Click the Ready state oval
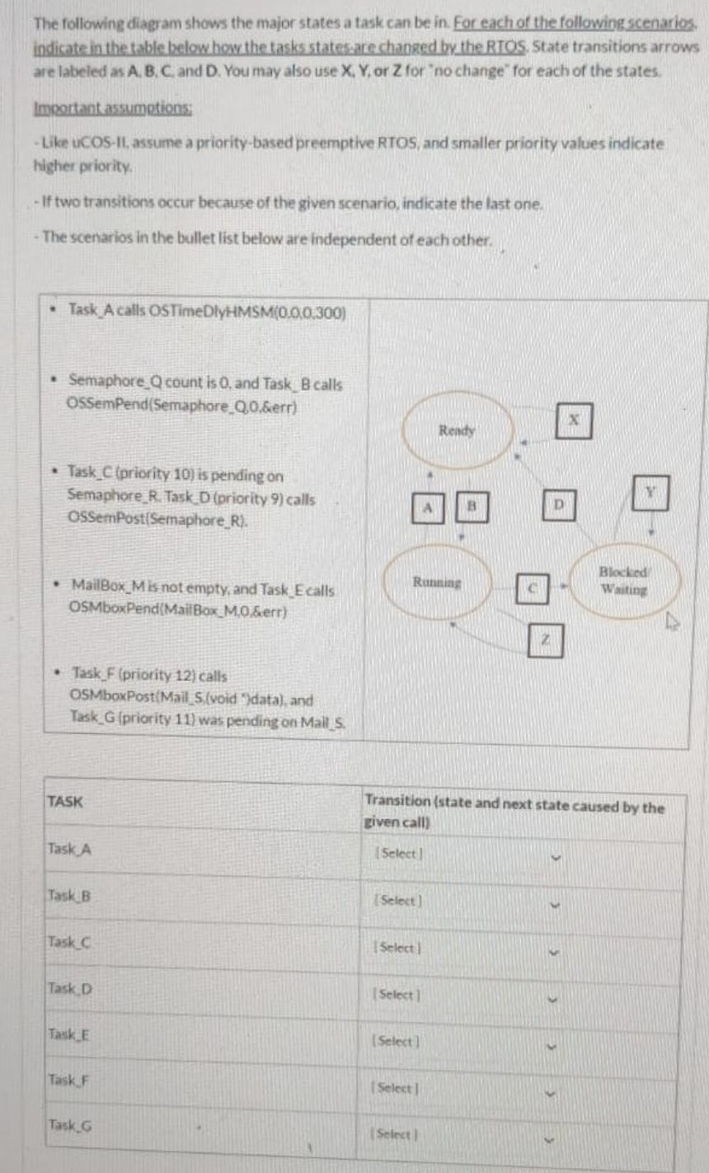coord(457,431)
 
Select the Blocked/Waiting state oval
coord(623,582)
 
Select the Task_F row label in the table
coord(68,1078)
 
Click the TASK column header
coord(65,801)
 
